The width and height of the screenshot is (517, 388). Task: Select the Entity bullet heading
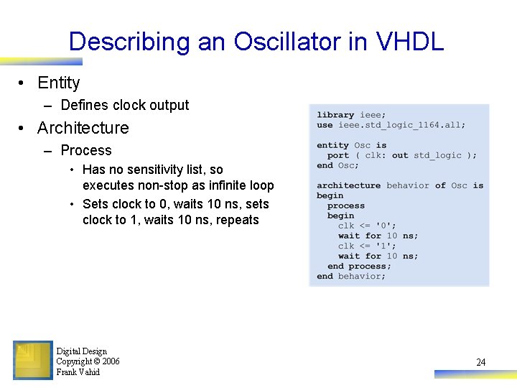coord(58,83)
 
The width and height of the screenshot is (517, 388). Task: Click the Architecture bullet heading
coord(83,128)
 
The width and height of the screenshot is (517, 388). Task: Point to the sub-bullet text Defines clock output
coord(125,105)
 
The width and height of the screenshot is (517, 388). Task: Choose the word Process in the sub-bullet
coord(86,150)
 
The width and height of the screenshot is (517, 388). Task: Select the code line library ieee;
coord(351,115)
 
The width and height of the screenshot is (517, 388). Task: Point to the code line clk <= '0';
coord(367,226)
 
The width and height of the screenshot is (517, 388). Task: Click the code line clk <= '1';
coord(367,246)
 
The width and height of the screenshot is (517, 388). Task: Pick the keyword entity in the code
coord(332,145)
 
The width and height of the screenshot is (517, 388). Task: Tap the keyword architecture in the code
coord(348,185)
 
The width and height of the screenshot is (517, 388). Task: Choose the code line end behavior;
coord(351,276)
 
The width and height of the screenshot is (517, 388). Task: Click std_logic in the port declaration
coord(437,155)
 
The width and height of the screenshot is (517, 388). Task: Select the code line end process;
coord(359,266)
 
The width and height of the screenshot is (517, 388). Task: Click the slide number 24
coord(480,362)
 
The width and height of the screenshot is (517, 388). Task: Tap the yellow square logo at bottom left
coord(33,360)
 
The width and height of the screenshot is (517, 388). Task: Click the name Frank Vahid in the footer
coord(78,372)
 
